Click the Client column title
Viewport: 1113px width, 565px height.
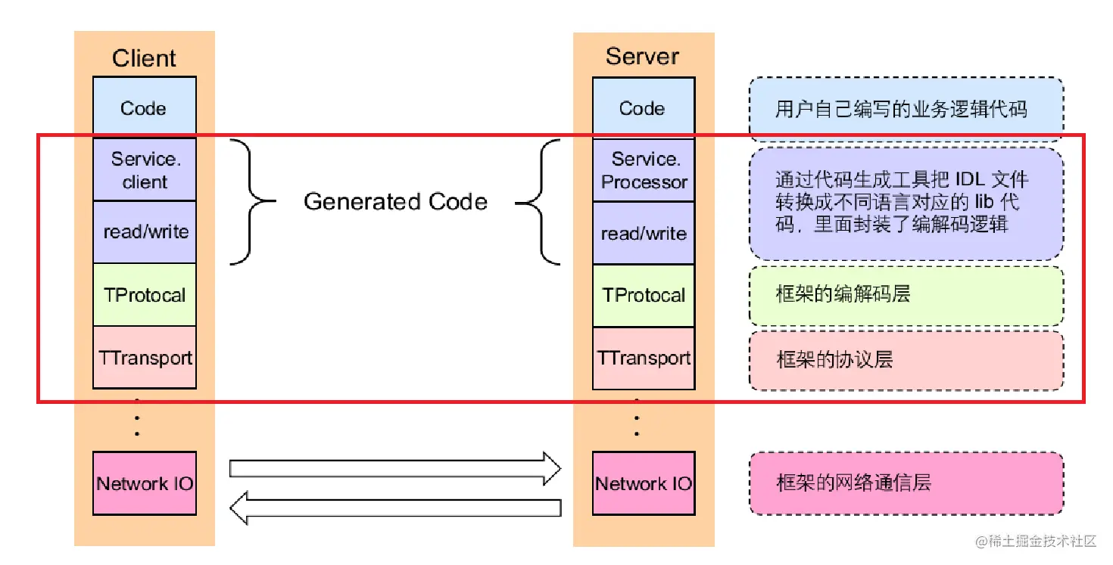[144, 58]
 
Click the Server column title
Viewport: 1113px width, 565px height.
[643, 56]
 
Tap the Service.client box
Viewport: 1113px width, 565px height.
[145, 169]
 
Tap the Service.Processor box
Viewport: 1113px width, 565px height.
[644, 170]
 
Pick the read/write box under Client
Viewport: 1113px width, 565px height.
[145, 232]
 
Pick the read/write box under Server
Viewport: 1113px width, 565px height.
[644, 234]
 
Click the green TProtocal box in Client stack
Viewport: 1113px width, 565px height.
[145, 294]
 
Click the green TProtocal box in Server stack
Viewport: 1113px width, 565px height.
[644, 296]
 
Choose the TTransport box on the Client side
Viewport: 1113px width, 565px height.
[145, 357]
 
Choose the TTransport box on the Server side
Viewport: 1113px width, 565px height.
[644, 359]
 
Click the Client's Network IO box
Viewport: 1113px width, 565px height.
[145, 483]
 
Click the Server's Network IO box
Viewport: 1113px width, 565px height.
[644, 483]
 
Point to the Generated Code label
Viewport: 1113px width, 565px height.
[395, 202]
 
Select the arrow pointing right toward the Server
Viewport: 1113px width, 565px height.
[395, 469]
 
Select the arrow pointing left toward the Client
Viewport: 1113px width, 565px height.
[395, 508]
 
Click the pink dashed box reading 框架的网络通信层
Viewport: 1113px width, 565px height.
[906, 483]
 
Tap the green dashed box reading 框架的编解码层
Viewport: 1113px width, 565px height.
[906, 296]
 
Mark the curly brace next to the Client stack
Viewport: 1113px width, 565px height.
[252, 202]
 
